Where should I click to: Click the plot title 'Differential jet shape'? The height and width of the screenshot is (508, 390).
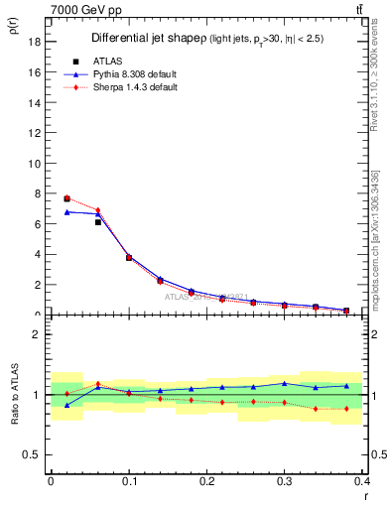pos(149,38)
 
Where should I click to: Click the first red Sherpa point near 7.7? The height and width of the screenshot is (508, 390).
pos(66,198)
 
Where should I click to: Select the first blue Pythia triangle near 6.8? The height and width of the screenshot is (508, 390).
pos(66,211)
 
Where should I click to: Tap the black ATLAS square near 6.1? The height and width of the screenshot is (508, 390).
pos(97,222)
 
